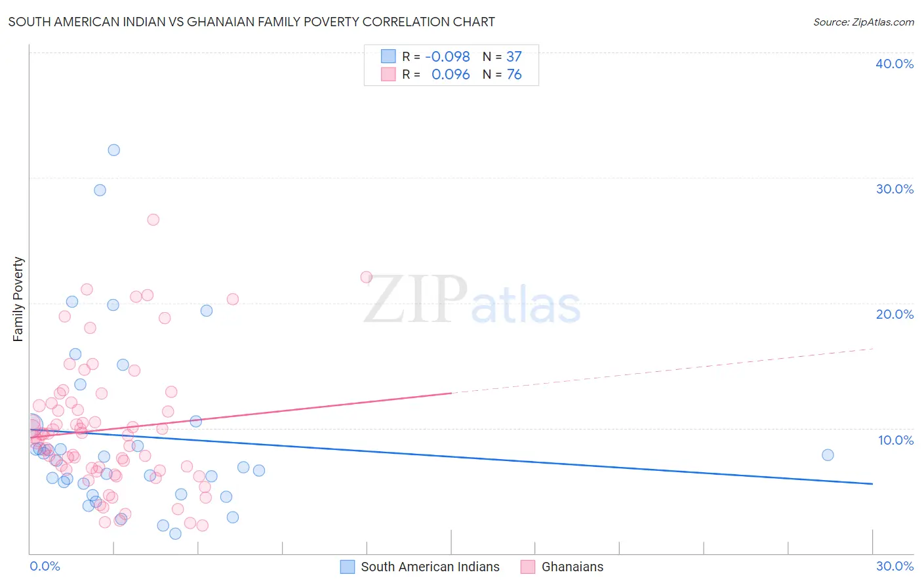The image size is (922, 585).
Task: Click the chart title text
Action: [251, 22]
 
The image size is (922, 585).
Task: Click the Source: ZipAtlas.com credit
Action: [863, 22]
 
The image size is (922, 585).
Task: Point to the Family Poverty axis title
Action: [18, 299]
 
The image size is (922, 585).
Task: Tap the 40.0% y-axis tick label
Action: [894, 64]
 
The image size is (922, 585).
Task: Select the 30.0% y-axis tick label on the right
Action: [894, 189]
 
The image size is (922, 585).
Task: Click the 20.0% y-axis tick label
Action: [894, 314]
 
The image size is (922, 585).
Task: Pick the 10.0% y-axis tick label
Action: [894, 440]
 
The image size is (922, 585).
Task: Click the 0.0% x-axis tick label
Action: [45, 566]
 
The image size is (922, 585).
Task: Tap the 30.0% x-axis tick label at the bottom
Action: [894, 566]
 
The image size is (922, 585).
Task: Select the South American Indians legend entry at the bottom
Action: [430, 567]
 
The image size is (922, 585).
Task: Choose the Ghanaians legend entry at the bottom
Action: [572, 567]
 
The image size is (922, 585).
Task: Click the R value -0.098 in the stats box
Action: [447, 57]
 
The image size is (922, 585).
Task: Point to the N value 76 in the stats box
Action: [514, 75]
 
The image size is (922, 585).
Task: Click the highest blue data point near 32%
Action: [114, 150]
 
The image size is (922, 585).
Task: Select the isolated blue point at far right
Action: [828, 455]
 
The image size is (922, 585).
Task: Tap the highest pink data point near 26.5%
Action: [153, 220]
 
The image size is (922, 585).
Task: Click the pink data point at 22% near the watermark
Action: [367, 277]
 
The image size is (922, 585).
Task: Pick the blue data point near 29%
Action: [100, 190]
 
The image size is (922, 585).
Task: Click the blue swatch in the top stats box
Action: [388, 56]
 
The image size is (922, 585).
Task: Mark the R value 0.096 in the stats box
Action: [451, 75]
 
